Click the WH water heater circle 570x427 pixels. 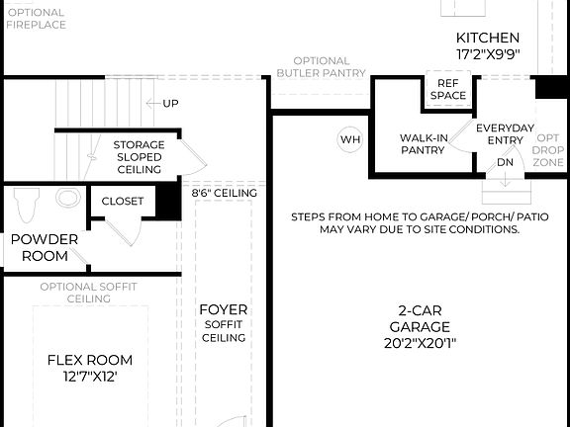click(350, 139)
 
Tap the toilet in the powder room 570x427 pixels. click(26, 206)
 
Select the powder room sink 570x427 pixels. click(67, 198)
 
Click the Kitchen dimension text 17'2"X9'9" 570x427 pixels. click(488, 55)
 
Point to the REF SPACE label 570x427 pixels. click(447, 90)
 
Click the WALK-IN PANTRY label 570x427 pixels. click(423, 144)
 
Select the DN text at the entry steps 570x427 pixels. click(506, 162)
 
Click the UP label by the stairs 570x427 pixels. click(171, 103)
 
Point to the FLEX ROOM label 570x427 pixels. click(90, 360)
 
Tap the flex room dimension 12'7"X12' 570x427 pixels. click(90, 378)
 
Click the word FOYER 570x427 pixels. click(224, 309)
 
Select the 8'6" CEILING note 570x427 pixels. click(225, 194)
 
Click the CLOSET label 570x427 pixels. click(123, 202)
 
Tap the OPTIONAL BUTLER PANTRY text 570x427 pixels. click(321, 66)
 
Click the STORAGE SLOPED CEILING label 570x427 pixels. click(139, 157)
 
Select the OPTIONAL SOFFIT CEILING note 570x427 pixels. click(89, 293)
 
